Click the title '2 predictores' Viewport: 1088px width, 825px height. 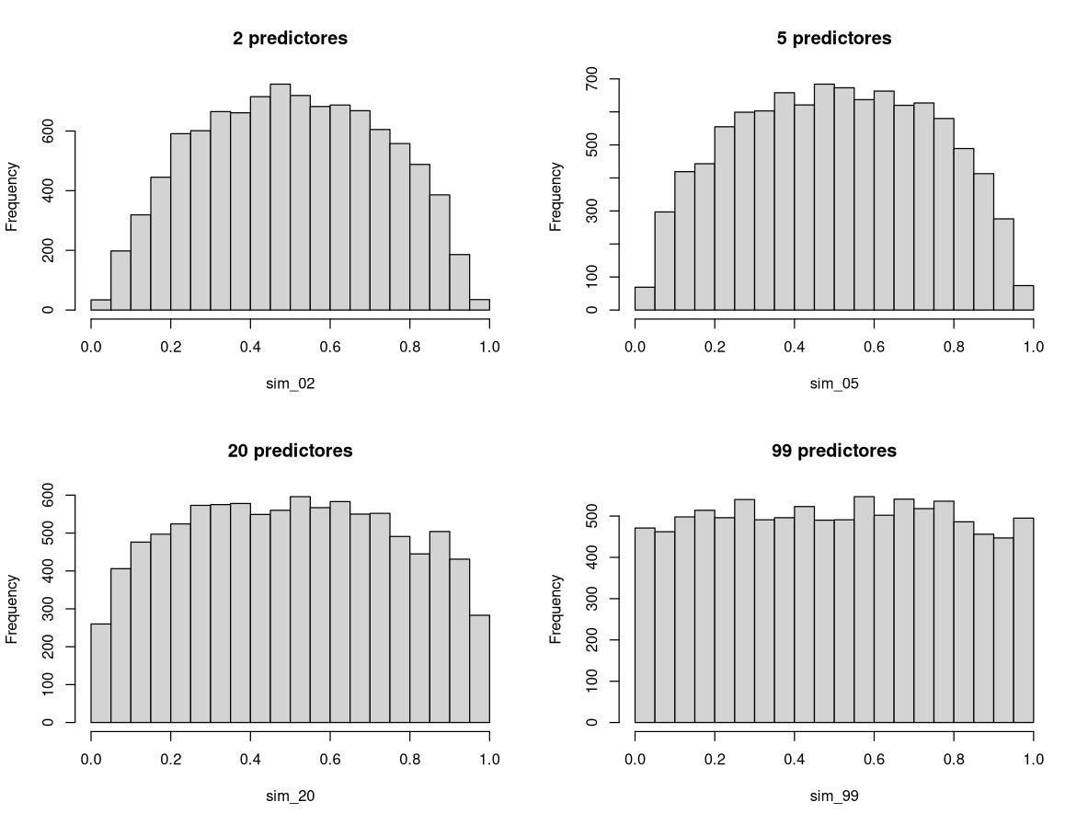click(x=290, y=39)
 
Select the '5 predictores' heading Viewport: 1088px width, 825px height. click(x=834, y=39)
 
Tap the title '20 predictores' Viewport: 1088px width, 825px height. click(x=290, y=451)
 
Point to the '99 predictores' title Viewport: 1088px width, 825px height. click(x=834, y=451)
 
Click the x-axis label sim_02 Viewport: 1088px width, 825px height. click(x=290, y=384)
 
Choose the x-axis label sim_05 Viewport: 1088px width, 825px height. click(x=834, y=384)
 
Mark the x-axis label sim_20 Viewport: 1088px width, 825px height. click(x=290, y=796)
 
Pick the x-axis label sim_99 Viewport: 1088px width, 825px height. click(x=834, y=796)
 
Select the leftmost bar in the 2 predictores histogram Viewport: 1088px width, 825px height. click(x=100, y=304)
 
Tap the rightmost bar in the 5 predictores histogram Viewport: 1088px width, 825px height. click(x=1023, y=298)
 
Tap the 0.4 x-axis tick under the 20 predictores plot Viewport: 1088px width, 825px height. click(x=250, y=760)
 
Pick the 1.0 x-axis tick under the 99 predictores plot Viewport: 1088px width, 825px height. click(x=1033, y=760)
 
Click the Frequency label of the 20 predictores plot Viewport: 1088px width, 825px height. click(x=13, y=609)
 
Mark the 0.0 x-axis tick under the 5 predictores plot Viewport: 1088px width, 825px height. click(x=635, y=347)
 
